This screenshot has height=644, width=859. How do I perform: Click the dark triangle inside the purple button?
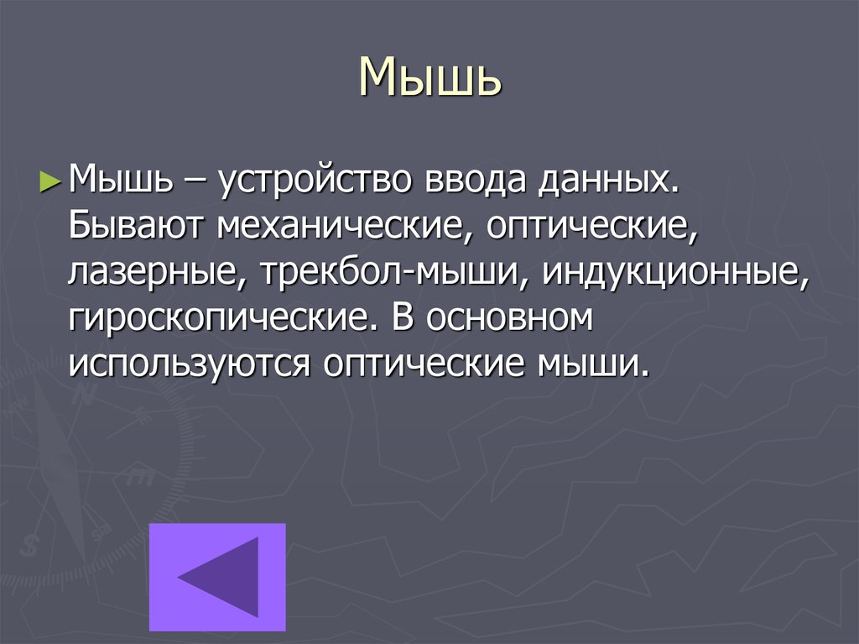[x=221, y=577]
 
